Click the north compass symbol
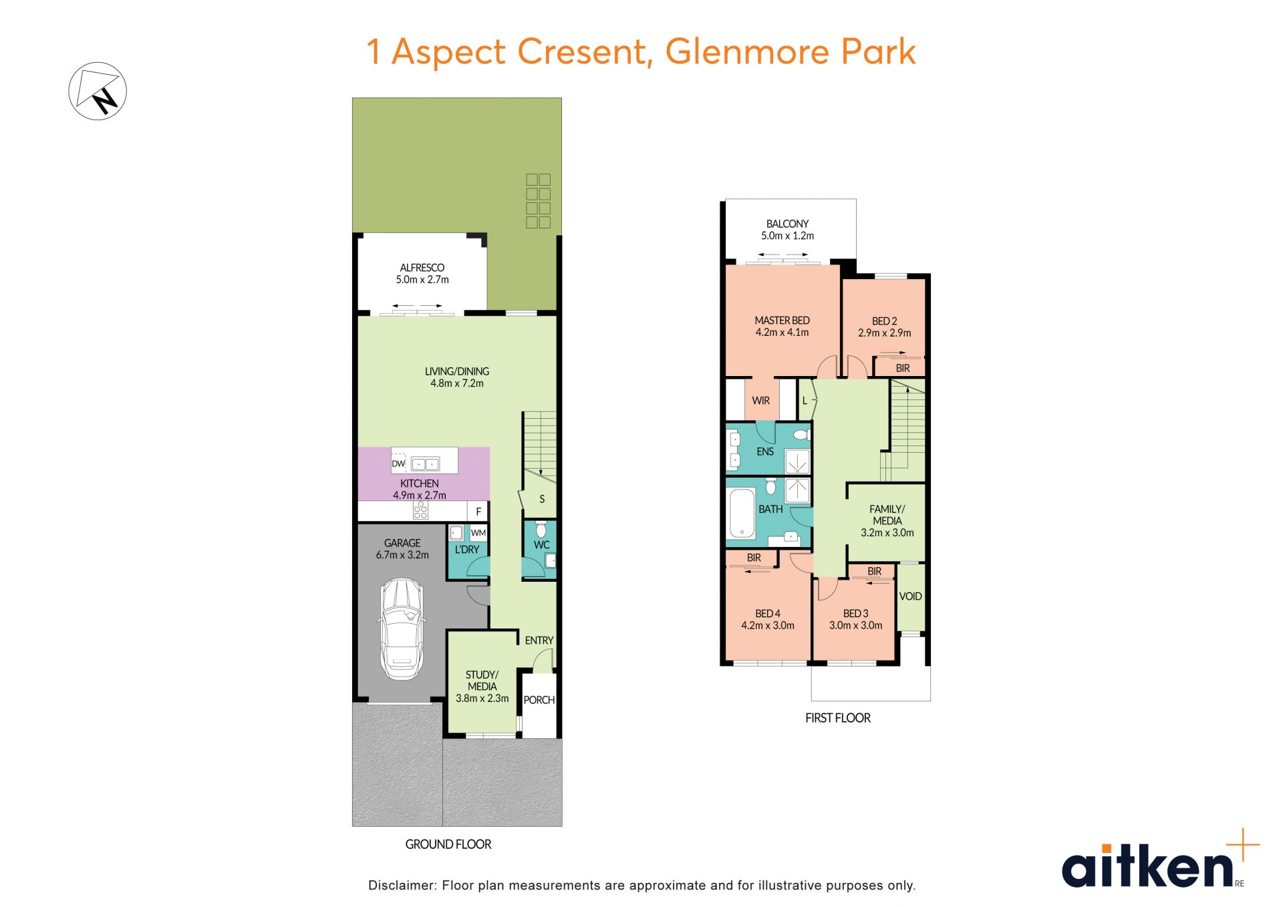98,92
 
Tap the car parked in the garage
402,629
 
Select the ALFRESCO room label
422,268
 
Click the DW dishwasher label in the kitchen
398,464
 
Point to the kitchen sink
424,464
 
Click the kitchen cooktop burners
420,512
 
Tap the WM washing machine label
478,533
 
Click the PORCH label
539,700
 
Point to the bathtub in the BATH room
741,513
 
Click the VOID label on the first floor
911,596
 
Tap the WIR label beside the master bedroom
761,401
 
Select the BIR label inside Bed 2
903,369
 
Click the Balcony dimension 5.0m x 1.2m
788,236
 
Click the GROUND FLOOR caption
448,844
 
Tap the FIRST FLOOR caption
838,718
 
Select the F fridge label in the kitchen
478,512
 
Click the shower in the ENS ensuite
797,462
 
